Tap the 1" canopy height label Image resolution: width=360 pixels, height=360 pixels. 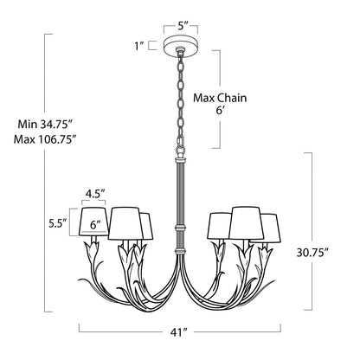pyautogui.click(x=139, y=46)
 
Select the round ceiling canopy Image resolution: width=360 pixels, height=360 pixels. pyautogui.click(x=181, y=46)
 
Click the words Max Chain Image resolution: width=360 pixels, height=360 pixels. pyautogui.click(x=220, y=98)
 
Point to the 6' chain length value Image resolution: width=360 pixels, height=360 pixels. pyautogui.click(x=221, y=111)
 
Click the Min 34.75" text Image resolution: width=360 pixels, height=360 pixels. pyautogui.click(x=44, y=125)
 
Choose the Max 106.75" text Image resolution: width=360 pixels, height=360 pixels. pyautogui.click(x=45, y=139)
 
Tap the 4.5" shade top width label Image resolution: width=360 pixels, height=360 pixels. pyautogui.click(x=94, y=194)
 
